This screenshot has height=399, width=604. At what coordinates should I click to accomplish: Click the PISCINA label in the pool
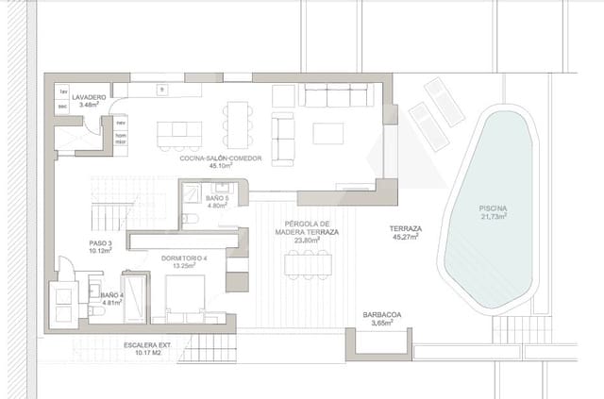pyautogui.click(x=492, y=208)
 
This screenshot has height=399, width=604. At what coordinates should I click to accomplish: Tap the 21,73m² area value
pyautogui.click(x=492, y=217)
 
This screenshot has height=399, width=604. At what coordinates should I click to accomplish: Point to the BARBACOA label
pyautogui.click(x=382, y=317)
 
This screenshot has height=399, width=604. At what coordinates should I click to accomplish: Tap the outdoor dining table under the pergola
pyautogui.click(x=308, y=262)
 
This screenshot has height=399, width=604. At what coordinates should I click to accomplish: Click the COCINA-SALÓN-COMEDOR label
pyautogui.click(x=226, y=159)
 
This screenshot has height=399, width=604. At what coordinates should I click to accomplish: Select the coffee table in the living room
pyautogui.click(x=328, y=134)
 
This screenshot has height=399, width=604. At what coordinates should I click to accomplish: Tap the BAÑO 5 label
pyautogui.click(x=217, y=199)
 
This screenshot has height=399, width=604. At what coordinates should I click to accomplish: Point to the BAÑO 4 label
pyautogui.click(x=111, y=296)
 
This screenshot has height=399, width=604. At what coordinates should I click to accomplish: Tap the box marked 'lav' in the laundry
pyautogui.click(x=63, y=91)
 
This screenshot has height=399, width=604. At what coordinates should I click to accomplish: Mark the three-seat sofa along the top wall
pyautogui.click(x=333, y=95)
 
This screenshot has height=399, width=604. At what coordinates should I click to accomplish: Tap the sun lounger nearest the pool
pyautogui.click(x=428, y=126)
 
